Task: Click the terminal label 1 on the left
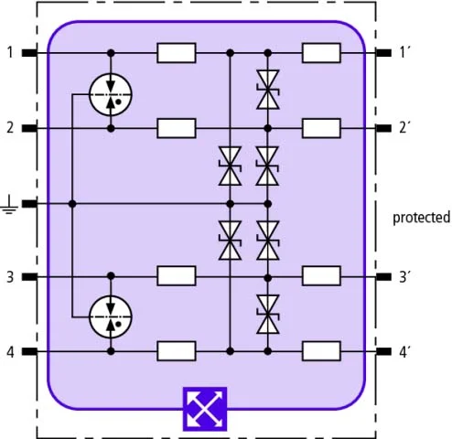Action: coord(10,52)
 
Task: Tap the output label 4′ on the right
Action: coord(404,352)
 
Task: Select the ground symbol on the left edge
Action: coord(9,204)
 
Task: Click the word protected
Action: coord(421,218)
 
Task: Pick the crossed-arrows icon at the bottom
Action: coord(205,409)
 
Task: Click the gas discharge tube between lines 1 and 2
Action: coord(111,94)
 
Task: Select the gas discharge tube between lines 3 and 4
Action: coord(111,317)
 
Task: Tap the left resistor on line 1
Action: coord(177,53)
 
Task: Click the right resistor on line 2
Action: coord(321,128)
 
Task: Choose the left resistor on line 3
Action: coord(177,276)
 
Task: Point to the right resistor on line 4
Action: coord(321,351)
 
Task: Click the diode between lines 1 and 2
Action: coord(268,90)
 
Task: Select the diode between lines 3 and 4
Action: coord(268,314)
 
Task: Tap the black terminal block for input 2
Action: coord(29,128)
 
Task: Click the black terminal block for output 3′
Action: coord(383,276)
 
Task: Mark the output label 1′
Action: coord(404,52)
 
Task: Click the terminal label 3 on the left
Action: coord(10,277)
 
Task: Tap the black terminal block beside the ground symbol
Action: coord(29,204)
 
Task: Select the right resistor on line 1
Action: coord(321,53)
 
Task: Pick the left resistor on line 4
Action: coord(177,351)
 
